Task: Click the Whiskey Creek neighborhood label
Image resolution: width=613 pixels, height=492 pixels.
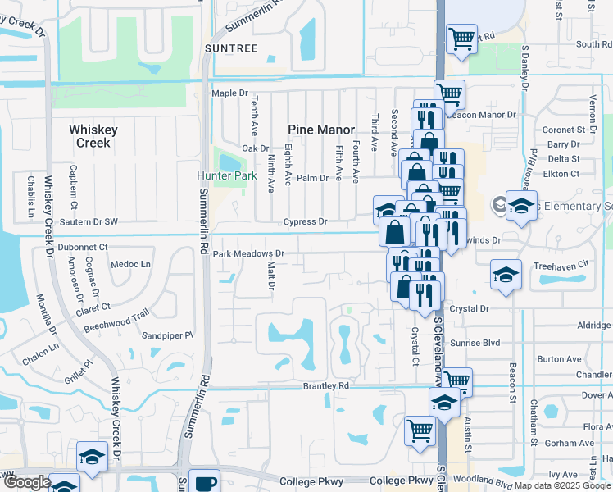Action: (x=93, y=136)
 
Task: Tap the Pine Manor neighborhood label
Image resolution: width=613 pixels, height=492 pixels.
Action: (x=321, y=130)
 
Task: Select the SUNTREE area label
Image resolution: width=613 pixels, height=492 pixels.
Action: (x=231, y=48)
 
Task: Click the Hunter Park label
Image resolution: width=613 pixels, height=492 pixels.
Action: (x=221, y=175)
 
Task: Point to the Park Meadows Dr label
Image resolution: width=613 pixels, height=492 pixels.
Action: (x=248, y=254)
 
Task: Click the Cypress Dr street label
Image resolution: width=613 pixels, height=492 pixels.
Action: (x=305, y=222)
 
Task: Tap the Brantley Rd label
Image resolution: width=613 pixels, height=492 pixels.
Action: (x=326, y=385)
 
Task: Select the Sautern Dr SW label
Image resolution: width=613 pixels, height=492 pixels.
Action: (x=88, y=222)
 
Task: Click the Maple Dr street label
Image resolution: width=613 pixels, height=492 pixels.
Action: (x=229, y=93)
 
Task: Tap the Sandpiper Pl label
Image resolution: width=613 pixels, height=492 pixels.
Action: (x=167, y=335)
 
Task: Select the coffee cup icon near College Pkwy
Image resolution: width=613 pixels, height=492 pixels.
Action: (x=205, y=482)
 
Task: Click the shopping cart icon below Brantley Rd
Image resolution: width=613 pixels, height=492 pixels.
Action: (x=420, y=429)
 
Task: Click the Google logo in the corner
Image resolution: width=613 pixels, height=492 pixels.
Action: (x=27, y=482)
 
